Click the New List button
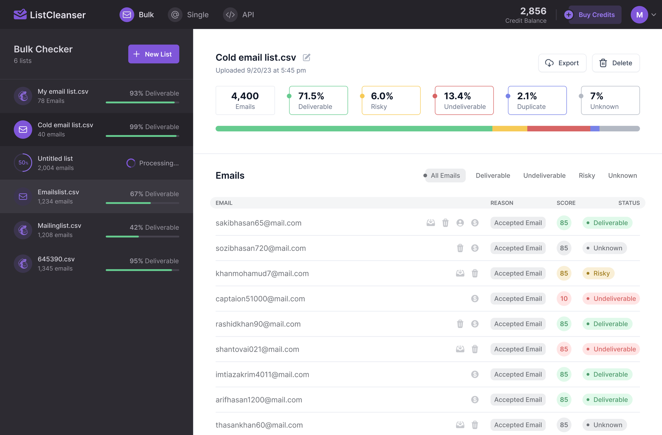click(x=154, y=54)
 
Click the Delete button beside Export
click(x=615, y=63)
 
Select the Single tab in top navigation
click(x=188, y=15)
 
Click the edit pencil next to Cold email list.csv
click(x=306, y=57)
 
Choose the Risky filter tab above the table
click(x=587, y=175)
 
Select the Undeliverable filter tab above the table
click(x=544, y=175)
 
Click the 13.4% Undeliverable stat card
click(x=464, y=100)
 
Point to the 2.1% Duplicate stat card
click(x=537, y=100)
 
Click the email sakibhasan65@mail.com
click(x=258, y=223)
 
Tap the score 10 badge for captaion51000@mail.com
click(x=564, y=299)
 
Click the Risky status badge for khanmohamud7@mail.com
click(x=598, y=274)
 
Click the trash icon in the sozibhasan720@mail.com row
click(x=460, y=248)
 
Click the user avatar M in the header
click(x=639, y=15)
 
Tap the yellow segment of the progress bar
click(x=509, y=129)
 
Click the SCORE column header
click(x=566, y=203)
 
